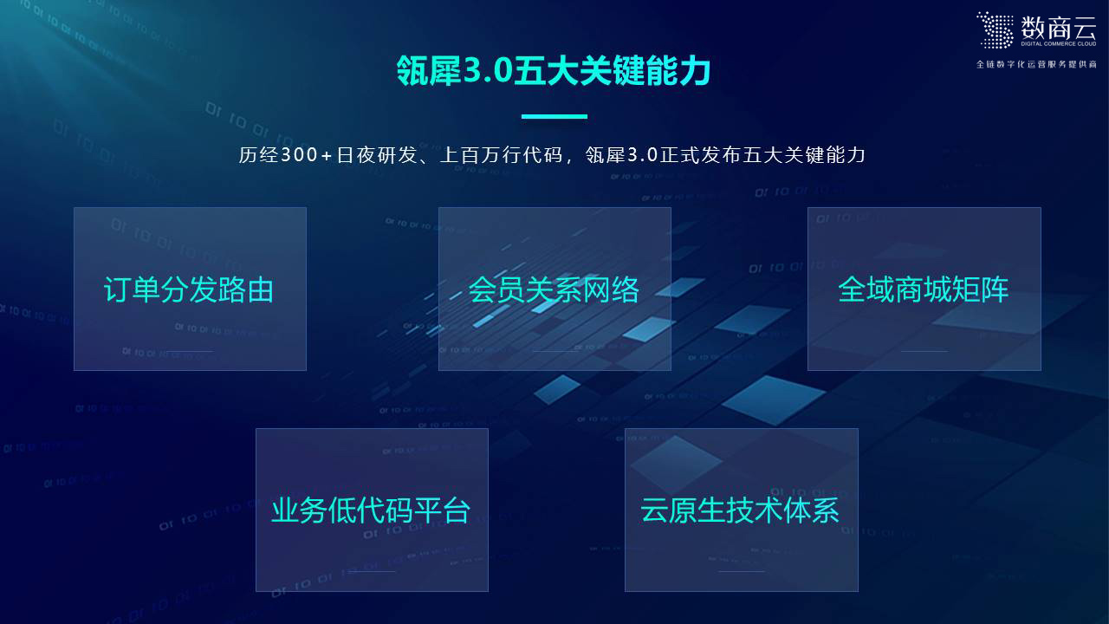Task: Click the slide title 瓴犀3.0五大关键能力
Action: coord(553,72)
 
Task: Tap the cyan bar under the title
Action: coord(554,116)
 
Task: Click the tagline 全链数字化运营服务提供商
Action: coord(1036,65)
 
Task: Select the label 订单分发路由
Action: coord(189,289)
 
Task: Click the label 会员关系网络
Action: coord(554,289)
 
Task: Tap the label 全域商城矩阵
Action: coord(924,289)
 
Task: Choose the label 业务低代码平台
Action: coord(371,510)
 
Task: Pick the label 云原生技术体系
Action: coord(741,510)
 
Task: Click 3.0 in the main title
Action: coord(489,72)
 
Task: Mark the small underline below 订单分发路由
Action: coord(189,351)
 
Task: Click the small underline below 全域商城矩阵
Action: coord(924,351)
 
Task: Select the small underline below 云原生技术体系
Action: coord(741,571)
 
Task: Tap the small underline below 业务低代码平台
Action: coord(371,571)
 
